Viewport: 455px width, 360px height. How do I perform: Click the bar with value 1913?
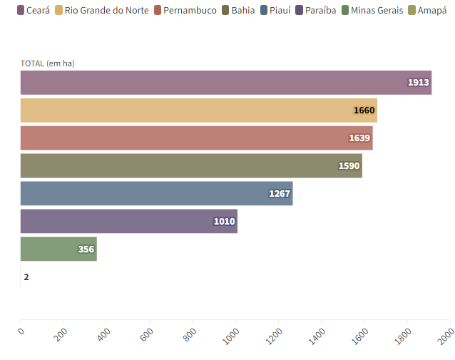pos(225,83)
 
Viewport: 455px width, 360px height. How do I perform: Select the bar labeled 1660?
pos(198,110)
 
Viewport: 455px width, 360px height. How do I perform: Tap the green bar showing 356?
pos(58,249)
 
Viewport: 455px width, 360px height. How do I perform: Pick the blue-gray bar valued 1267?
pos(156,193)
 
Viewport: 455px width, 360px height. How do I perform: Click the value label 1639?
pos(359,138)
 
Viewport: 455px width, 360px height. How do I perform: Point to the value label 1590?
pos(349,166)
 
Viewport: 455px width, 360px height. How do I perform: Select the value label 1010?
pos(224,222)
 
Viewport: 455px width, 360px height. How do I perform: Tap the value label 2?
pos(26,277)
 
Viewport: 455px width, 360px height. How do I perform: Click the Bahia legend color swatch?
pos(225,11)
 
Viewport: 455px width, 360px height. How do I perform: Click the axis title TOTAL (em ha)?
pos(48,63)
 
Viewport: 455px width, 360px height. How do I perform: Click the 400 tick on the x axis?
pos(105,333)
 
